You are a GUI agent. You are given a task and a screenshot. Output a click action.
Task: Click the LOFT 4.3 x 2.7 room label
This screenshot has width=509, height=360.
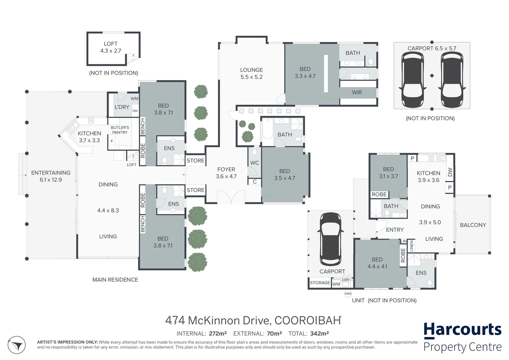tap(110, 47)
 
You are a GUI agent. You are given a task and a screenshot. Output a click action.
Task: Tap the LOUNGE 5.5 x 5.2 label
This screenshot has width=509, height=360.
tap(251, 73)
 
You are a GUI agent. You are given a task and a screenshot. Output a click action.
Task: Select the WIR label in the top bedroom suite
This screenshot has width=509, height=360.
tap(357, 92)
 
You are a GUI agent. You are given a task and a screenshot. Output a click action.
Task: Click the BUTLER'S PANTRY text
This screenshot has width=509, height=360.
tap(120, 130)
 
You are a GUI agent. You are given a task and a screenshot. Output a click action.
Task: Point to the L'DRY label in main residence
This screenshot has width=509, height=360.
tap(122, 107)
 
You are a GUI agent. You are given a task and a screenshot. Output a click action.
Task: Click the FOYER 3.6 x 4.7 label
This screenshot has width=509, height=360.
tap(226, 173)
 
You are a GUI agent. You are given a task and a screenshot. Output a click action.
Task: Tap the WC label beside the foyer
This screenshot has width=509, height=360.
tap(254, 163)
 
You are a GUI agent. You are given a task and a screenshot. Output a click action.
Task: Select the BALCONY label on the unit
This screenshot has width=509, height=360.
tap(473, 225)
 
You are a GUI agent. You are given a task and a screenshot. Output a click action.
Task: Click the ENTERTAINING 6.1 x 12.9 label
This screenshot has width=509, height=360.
tap(51, 176)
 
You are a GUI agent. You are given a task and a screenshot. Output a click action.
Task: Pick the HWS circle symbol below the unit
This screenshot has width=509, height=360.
tap(348, 294)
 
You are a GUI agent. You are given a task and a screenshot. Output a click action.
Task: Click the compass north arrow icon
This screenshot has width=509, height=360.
tap(16, 345)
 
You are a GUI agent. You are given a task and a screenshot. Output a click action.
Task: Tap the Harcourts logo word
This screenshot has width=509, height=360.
tap(462, 330)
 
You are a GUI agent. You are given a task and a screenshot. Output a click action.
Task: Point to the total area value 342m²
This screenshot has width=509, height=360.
tap(319, 333)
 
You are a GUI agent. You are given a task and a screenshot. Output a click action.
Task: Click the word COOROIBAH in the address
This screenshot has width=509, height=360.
tap(307, 320)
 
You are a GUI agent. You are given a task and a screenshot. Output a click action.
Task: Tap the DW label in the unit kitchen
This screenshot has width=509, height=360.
tap(450, 172)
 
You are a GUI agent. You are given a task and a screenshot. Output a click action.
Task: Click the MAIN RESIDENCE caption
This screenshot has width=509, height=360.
tap(115, 280)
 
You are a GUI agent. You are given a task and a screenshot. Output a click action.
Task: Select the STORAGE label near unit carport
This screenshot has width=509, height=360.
tap(320, 283)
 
